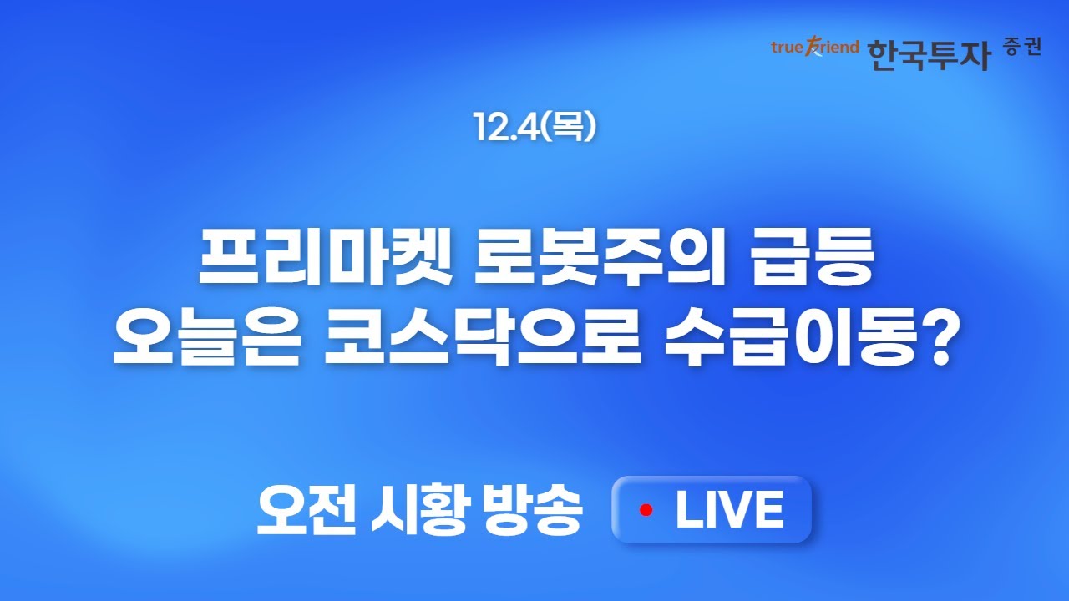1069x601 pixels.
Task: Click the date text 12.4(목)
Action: click(x=534, y=125)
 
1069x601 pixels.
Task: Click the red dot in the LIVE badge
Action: click(x=646, y=509)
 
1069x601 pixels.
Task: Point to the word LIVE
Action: click(x=729, y=509)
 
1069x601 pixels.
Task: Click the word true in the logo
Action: click(x=787, y=47)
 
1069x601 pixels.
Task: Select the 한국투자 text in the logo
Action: click(x=929, y=54)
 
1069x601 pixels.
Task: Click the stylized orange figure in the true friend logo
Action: click(x=812, y=48)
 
